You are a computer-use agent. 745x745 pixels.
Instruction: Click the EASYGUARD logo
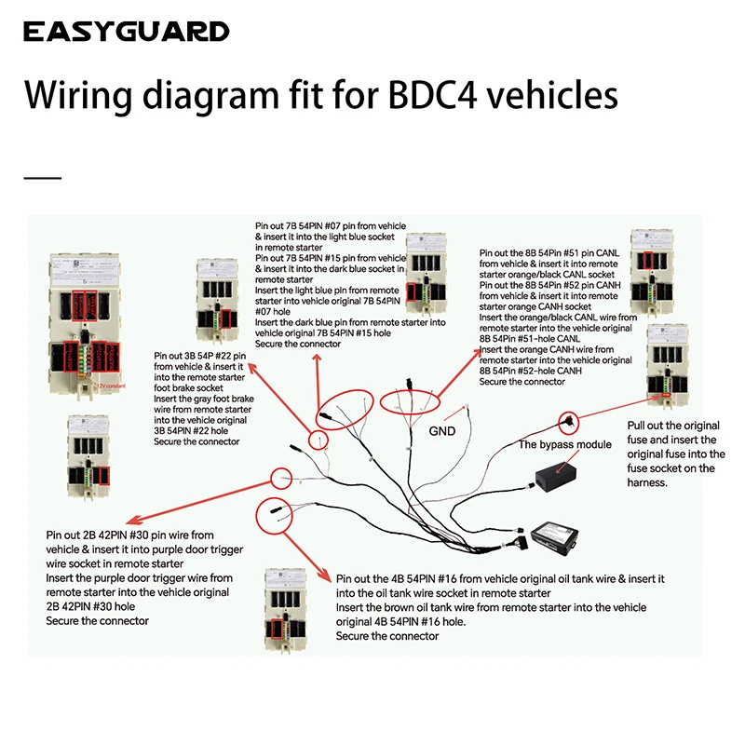point(126,32)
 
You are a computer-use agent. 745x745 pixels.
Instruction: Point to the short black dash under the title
point(42,177)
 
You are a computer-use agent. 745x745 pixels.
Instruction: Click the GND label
point(442,432)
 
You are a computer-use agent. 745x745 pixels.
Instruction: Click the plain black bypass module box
point(558,482)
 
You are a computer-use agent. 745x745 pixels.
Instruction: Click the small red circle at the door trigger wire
point(281,479)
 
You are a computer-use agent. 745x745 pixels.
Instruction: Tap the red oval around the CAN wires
point(412,401)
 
